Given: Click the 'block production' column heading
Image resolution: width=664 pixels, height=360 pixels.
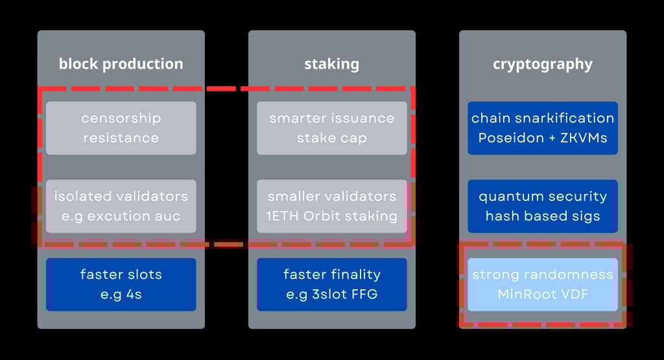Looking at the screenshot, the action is click(121, 64).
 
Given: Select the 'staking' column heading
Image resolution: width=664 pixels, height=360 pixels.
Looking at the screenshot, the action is click(332, 64).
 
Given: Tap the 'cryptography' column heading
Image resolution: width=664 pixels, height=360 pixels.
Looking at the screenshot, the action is click(543, 64).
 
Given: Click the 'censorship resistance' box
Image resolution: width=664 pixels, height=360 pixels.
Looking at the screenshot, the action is click(121, 128).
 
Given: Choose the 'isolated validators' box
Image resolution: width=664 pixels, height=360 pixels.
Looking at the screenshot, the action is click(121, 206).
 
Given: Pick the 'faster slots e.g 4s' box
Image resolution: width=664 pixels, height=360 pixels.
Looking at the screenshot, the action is click(121, 285).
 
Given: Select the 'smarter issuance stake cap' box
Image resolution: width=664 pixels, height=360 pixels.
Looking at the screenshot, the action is click(332, 128).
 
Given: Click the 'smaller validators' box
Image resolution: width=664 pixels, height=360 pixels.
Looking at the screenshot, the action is click(332, 206).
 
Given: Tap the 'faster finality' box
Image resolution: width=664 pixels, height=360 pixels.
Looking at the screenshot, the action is click(332, 285).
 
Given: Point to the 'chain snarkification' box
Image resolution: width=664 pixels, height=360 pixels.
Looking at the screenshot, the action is click(543, 128).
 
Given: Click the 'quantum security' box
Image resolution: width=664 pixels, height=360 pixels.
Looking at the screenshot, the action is click(543, 206).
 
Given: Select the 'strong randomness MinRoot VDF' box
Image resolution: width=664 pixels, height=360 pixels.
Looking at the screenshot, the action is click(543, 285).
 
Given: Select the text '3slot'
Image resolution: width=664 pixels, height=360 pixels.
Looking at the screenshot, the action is click(327, 294).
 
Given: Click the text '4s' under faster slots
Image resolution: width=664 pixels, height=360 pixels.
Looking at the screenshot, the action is click(134, 294).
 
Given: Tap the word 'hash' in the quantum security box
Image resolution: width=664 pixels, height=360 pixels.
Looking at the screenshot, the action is click(503, 217).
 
